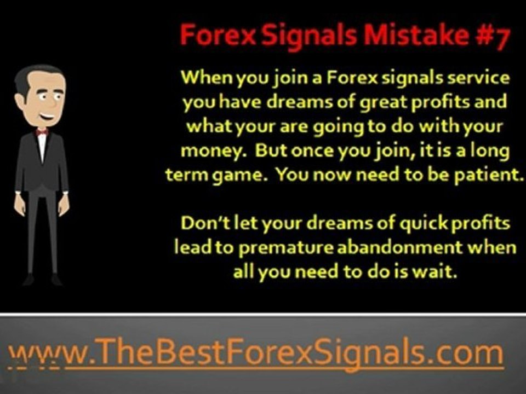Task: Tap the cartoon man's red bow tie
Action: (x=42, y=132)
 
